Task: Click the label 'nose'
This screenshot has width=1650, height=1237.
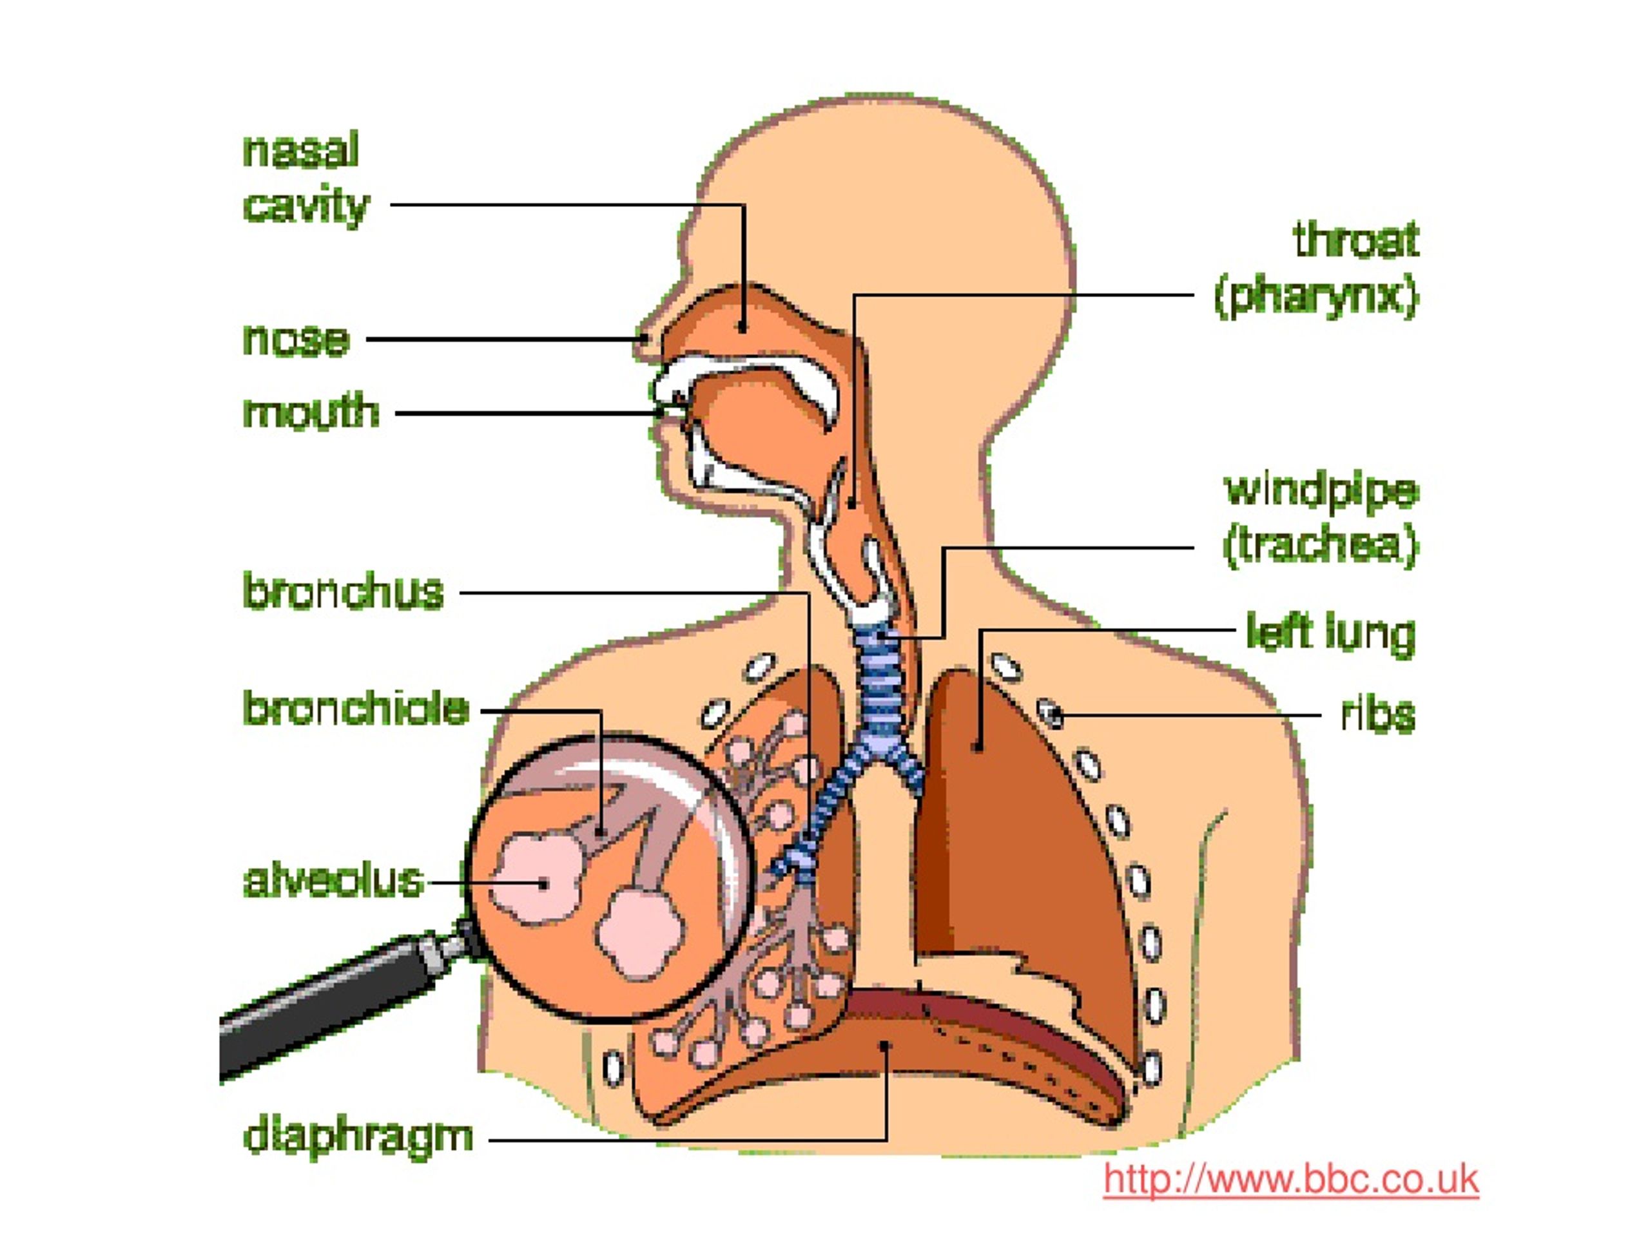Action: click(x=296, y=340)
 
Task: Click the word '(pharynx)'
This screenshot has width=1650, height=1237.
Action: click(x=1317, y=297)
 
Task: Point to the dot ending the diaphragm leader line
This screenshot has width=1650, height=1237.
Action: click(x=886, y=1046)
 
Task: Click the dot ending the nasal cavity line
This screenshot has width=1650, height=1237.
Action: click(x=742, y=327)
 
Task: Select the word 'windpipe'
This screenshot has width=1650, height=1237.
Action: click(x=1321, y=492)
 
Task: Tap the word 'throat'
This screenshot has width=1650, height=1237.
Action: click(x=1356, y=240)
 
